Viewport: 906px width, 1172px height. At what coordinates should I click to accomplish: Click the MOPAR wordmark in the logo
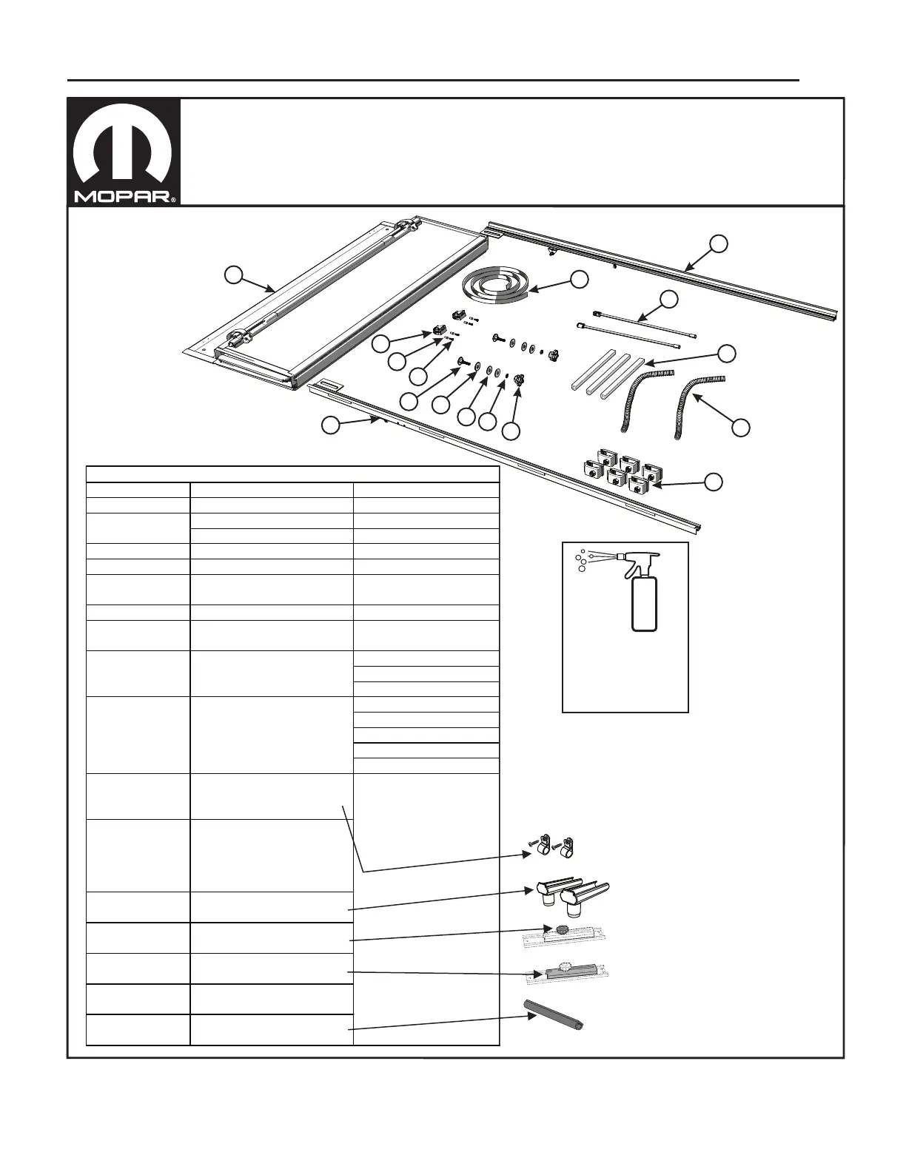(x=122, y=198)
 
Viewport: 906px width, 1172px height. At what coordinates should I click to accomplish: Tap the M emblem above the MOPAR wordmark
(x=124, y=148)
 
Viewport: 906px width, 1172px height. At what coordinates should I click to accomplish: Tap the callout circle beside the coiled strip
(x=579, y=278)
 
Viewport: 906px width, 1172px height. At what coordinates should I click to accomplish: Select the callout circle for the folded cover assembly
(x=233, y=275)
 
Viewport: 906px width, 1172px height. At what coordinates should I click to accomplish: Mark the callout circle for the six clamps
(x=712, y=482)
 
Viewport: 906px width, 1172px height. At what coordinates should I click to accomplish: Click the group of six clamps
(x=623, y=474)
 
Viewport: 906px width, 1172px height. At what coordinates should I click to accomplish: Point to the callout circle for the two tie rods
(x=669, y=299)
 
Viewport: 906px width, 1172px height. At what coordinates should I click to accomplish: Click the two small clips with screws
(x=553, y=845)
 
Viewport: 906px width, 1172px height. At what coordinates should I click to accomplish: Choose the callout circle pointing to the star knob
(x=511, y=430)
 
